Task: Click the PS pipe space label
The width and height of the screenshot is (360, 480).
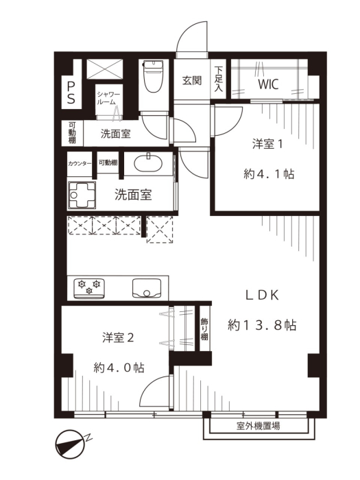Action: [71, 92]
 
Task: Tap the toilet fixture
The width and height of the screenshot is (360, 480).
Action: [154, 76]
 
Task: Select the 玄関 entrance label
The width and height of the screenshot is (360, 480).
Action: [192, 81]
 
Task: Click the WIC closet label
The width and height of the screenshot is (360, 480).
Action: [268, 84]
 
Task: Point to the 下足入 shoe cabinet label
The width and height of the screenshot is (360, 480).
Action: [218, 79]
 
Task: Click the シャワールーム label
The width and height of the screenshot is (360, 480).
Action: [108, 98]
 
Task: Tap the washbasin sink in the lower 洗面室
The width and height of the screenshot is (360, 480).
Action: [148, 163]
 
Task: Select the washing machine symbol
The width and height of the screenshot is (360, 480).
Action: [82, 195]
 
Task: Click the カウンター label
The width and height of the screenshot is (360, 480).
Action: [80, 163]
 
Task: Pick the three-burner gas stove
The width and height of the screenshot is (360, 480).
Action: [89, 289]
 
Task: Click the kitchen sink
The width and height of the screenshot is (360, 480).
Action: [147, 288]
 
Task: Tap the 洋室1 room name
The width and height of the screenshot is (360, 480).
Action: [267, 144]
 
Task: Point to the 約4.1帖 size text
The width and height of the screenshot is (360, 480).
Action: [269, 174]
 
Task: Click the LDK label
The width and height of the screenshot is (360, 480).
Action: [263, 296]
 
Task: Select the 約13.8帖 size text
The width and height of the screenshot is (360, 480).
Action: [262, 325]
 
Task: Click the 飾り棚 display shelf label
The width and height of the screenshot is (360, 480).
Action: [204, 329]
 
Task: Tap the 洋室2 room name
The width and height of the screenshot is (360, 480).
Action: [118, 338]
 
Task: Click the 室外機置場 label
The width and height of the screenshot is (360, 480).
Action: [258, 426]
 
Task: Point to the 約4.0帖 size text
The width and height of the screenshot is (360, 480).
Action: [119, 368]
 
